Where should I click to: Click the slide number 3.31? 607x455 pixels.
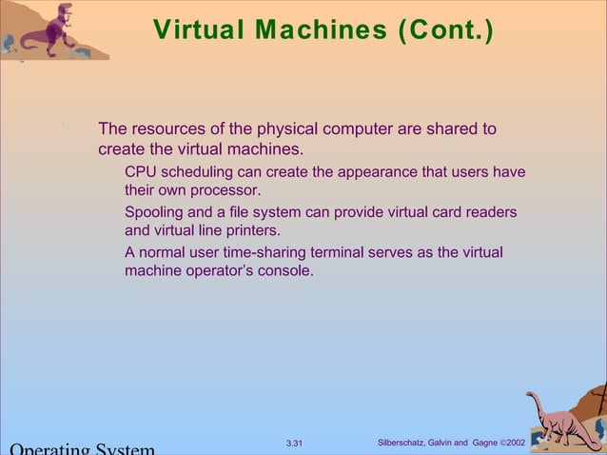(x=294, y=444)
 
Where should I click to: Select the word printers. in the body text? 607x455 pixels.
(x=249, y=230)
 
